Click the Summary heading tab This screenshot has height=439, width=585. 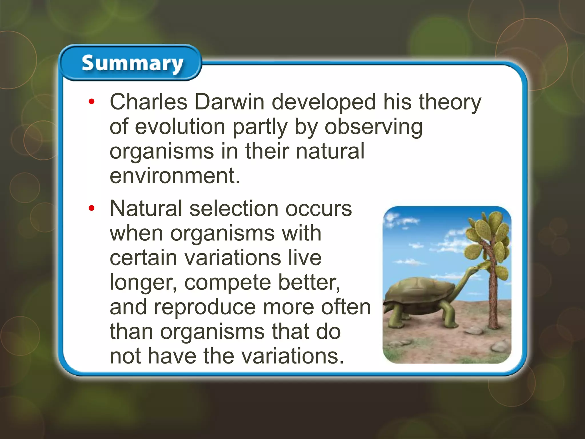[132, 63]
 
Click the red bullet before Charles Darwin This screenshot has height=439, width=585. [91, 102]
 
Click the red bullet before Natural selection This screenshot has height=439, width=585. [91, 208]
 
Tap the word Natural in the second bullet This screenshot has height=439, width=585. [146, 208]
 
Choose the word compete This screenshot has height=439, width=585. [227, 282]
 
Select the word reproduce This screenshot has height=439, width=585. [205, 307]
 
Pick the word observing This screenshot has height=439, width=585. [373, 127]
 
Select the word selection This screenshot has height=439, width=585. [234, 208]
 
